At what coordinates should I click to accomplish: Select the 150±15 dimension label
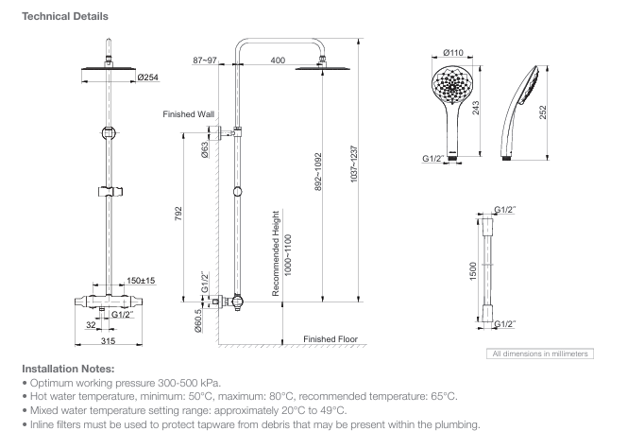click(x=141, y=281)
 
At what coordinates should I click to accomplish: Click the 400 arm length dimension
click(x=278, y=60)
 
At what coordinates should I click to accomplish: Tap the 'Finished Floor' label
click(x=330, y=338)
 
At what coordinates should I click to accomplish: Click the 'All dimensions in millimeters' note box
click(x=538, y=353)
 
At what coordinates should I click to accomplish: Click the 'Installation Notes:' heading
click(x=67, y=369)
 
